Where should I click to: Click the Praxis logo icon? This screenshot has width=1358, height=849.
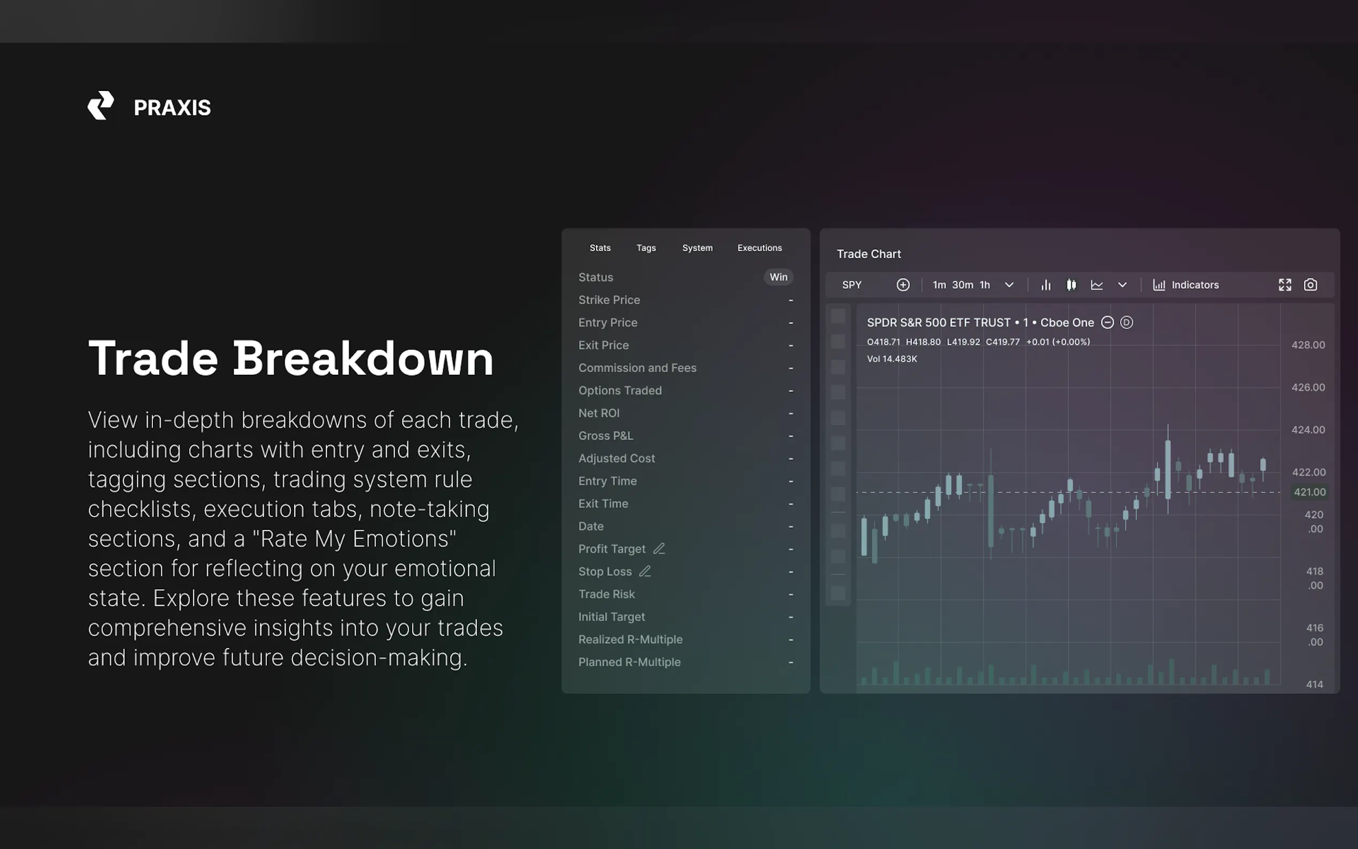tap(101, 105)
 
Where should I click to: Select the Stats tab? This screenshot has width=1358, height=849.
tap(600, 248)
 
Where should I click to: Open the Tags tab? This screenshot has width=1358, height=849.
tap(646, 248)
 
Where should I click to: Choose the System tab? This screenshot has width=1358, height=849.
tap(697, 248)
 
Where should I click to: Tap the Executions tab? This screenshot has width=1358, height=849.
tap(760, 248)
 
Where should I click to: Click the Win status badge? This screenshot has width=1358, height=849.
tap(778, 277)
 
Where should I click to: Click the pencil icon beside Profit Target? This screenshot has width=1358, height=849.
tap(659, 549)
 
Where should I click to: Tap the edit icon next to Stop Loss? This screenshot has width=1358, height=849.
tap(645, 571)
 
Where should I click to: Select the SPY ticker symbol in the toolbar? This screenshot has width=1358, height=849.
tap(852, 284)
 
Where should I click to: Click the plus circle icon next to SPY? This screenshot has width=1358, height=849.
tap(902, 284)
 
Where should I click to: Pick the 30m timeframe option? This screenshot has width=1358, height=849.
tap(963, 284)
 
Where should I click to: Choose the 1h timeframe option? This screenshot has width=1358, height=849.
tap(985, 284)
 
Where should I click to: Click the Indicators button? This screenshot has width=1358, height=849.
tap(1186, 284)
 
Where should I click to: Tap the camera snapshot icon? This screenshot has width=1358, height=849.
tap(1310, 284)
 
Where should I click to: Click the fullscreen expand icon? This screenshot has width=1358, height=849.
tap(1285, 284)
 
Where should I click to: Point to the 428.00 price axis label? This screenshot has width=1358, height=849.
tap(1308, 345)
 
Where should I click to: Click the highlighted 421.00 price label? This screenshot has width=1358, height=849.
tap(1310, 492)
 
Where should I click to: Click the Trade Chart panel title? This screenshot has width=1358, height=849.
tap(868, 254)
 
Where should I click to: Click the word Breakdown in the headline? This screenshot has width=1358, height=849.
tap(363, 358)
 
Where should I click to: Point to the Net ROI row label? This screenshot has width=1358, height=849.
tap(599, 413)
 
